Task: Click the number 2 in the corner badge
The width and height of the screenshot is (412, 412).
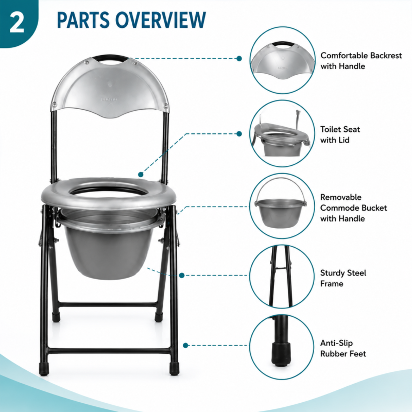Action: (x=17, y=23)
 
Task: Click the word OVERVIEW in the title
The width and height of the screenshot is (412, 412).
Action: (x=161, y=20)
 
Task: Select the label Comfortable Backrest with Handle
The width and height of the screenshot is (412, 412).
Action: (x=361, y=61)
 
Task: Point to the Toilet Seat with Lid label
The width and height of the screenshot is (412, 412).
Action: (x=340, y=134)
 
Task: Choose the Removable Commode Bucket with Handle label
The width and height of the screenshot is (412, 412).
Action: (x=353, y=208)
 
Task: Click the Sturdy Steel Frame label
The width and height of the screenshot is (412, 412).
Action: (x=343, y=278)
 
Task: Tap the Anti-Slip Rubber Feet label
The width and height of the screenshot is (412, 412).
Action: (x=343, y=349)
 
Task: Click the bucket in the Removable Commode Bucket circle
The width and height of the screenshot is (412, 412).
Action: (x=280, y=213)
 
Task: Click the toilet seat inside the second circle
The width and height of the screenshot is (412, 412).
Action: (x=281, y=132)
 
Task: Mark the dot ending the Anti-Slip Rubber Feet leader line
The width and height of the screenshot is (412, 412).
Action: (x=185, y=345)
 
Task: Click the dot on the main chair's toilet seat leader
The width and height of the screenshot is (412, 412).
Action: (x=141, y=175)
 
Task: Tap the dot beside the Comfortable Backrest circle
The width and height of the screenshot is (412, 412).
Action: (x=239, y=58)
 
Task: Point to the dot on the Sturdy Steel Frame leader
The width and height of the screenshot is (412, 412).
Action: (x=182, y=276)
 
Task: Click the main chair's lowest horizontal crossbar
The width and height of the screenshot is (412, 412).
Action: (x=109, y=351)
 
